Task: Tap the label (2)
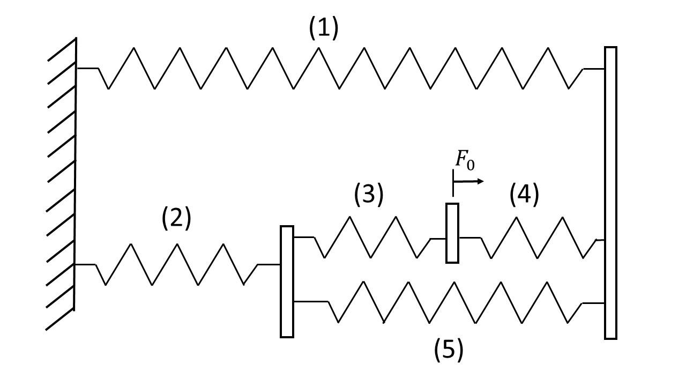176,219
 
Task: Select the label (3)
369,195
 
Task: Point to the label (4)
524,195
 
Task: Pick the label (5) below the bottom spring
448,350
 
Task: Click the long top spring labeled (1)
340,68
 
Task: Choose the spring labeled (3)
370,237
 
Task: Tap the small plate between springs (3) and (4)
452,233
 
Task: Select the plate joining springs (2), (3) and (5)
287,281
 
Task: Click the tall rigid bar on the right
610,193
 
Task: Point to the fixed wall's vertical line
75,172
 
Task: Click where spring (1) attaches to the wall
77,68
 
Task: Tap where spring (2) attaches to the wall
74,264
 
